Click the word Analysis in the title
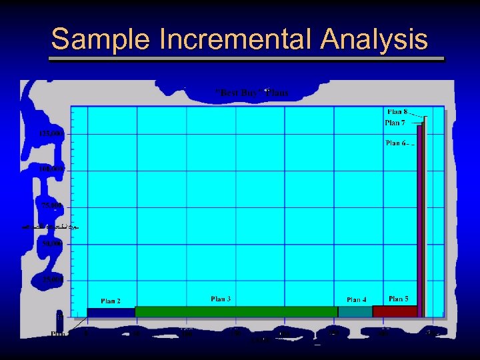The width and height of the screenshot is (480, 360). (x=374, y=39)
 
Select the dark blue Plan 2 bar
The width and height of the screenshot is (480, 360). (x=111, y=312)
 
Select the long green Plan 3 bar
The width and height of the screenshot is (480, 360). (x=236, y=311)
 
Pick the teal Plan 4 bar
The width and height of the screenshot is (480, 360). (x=355, y=311)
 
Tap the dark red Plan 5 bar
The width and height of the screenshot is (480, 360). (x=395, y=311)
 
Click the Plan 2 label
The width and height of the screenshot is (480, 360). (x=111, y=301)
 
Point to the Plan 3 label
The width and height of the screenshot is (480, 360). (x=221, y=299)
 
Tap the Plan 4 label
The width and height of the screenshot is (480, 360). (x=356, y=300)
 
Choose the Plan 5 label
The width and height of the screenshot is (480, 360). (x=399, y=299)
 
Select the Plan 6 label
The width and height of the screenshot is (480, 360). (x=395, y=143)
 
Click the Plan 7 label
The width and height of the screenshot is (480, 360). (x=395, y=123)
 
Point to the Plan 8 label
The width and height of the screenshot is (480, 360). (x=397, y=111)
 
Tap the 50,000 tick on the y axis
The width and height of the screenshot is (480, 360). (x=53, y=244)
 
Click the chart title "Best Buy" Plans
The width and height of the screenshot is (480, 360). (x=252, y=93)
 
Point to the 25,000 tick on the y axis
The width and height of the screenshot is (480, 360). (x=53, y=279)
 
